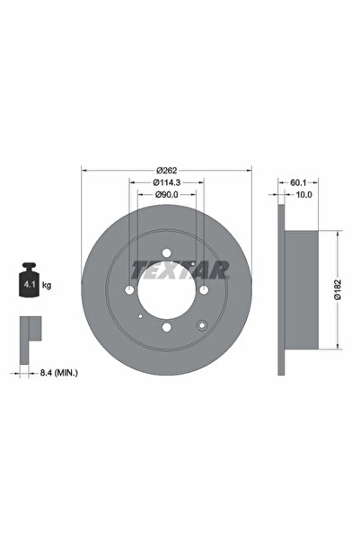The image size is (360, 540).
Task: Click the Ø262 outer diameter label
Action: click(x=167, y=170)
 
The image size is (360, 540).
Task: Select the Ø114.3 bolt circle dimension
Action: click(x=167, y=182)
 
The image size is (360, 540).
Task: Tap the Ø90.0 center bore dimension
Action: click(x=167, y=195)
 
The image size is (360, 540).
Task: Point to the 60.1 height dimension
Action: click(x=298, y=182)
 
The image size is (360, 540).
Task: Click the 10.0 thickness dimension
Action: click(x=304, y=195)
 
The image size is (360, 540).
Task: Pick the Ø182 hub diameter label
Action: click(x=338, y=289)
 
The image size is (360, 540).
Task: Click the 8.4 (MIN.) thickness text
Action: click(x=59, y=372)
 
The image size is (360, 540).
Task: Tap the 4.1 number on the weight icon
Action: click(x=29, y=285)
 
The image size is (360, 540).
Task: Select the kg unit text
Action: click(x=47, y=285)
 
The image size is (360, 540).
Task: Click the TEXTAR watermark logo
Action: click(x=180, y=270)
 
